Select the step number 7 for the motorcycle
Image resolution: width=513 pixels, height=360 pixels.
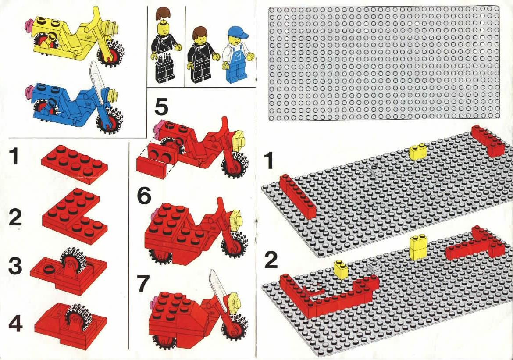click(x=143, y=284)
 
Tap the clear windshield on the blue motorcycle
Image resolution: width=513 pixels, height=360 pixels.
click(x=97, y=79)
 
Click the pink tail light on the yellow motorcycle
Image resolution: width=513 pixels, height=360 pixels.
click(x=30, y=25)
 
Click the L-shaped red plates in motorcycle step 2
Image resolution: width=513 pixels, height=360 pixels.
click(x=75, y=216)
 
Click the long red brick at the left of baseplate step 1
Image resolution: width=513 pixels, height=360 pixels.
click(x=298, y=197)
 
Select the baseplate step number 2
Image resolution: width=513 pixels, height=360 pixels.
click(x=271, y=260)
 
